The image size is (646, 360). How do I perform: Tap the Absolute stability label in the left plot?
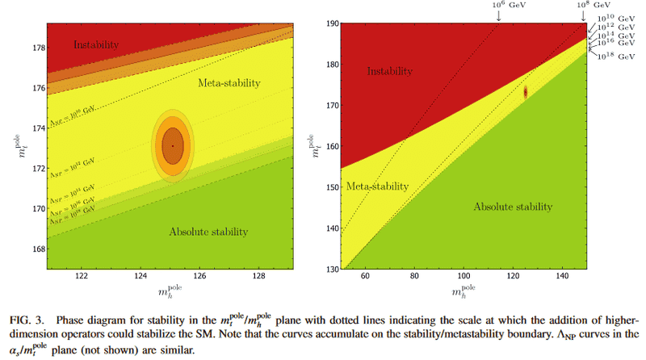(209, 232)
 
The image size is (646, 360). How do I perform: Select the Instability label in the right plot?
(396, 72)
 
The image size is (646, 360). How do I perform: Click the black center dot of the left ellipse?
(172, 146)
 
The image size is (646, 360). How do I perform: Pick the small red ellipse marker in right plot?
(526, 93)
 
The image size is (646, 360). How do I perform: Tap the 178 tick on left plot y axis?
(39, 48)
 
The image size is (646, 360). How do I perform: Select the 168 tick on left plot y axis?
(39, 249)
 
